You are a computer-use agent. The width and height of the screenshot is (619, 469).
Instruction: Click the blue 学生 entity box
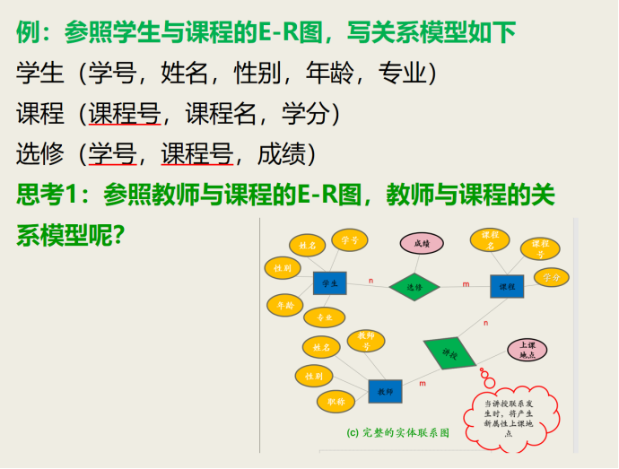[x=329, y=283]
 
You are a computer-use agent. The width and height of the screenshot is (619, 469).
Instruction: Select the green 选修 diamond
[x=414, y=287]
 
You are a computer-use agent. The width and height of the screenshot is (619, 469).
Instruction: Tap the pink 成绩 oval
[x=421, y=243]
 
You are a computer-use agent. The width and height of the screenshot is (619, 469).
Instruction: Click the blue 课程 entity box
[x=507, y=286]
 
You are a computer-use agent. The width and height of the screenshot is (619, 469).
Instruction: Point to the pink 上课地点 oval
[x=527, y=351]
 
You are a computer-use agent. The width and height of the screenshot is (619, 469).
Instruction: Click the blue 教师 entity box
[x=385, y=392]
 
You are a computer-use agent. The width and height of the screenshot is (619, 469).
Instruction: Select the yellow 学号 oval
[x=350, y=240]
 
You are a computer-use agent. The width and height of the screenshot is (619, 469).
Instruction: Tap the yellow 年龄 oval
[x=284, y=305]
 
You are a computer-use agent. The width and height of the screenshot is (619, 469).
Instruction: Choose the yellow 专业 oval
[x=324, y=317]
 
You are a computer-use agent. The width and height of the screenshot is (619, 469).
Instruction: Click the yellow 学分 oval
[x=551, y=278]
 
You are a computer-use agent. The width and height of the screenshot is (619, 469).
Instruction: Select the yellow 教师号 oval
[x=365, y=341]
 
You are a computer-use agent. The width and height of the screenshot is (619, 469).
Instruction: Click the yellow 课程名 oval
[x=490, y=239]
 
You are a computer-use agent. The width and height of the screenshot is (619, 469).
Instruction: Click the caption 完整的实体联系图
[x=397, y=432]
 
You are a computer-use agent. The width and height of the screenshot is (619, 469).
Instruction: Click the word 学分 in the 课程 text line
[x=305, y=115]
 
